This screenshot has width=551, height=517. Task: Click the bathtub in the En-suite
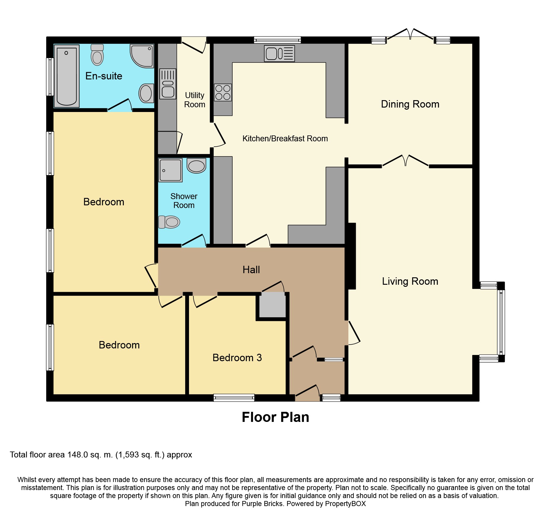tap(67, 76)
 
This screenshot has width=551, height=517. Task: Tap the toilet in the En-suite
tap(97, 55)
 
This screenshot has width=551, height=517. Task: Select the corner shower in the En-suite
tap(142, 56)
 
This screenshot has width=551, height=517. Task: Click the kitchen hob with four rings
tap(223, 92)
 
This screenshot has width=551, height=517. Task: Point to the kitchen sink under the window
tap(279, 53)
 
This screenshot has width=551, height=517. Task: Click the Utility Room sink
tap(168, 84)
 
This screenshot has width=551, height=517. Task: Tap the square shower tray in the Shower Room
tap(170, 170)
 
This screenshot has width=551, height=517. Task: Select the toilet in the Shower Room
tap(169, 222)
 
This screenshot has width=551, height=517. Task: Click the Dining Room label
tap(410, 104)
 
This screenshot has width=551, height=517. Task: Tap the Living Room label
tap(410, 281)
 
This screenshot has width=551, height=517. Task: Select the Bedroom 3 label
tap(237, 358)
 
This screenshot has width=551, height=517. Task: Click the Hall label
tap(251, 270)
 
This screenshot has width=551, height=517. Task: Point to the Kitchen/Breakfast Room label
tap(285, 139)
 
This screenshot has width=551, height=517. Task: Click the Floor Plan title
tap(275, 417)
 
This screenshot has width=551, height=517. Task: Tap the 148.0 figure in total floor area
tap(78, 455)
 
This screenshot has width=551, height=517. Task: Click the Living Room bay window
tap(501, 322)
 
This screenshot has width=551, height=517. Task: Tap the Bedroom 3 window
tap(234, 398)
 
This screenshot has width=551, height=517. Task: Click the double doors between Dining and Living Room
tap(405, 161)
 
